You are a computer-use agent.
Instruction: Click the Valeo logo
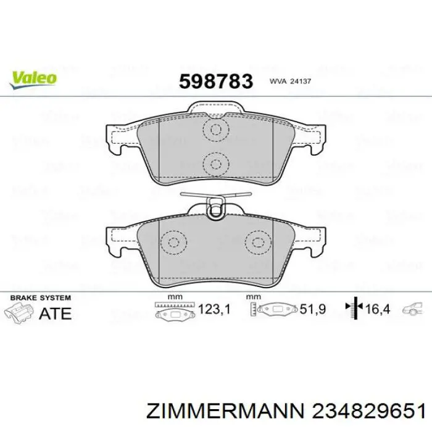(33, 80)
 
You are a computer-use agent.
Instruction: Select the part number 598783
(216, 81)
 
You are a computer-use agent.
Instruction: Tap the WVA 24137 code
(290, 81)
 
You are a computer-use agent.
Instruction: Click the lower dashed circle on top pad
(216, 165)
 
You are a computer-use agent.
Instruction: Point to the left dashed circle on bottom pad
(173, 243)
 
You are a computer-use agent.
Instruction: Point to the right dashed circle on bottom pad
(258, 243)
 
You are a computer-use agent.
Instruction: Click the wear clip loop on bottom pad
(216, 208)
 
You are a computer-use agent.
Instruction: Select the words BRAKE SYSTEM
(41, 298)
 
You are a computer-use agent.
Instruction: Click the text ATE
(55, 314)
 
